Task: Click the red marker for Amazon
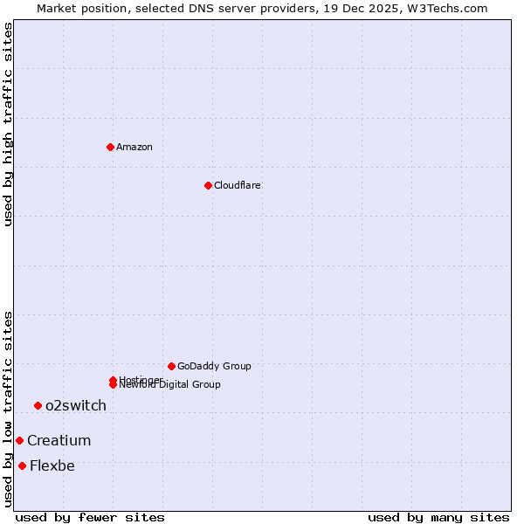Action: pos(110,147)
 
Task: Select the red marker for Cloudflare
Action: pos(208,185)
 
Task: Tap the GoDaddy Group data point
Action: pos(171,366)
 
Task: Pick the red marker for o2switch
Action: pos(38,405)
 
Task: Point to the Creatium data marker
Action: pos(19,440)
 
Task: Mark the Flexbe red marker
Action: pos(22,465)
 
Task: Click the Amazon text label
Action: pos(134,147)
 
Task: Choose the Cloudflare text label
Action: pos(237,185)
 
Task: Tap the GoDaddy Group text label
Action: pos(214,366)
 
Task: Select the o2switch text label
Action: pos(76,405)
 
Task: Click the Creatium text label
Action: pos(59,440)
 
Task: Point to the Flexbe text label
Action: pos(52,465)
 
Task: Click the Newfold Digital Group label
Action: pos(171,385)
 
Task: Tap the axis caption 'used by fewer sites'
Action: pos(90,517)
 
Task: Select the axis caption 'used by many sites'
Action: pos(438,517)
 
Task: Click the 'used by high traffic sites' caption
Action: pos(8,124)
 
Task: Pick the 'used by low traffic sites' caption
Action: pos(8,409)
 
